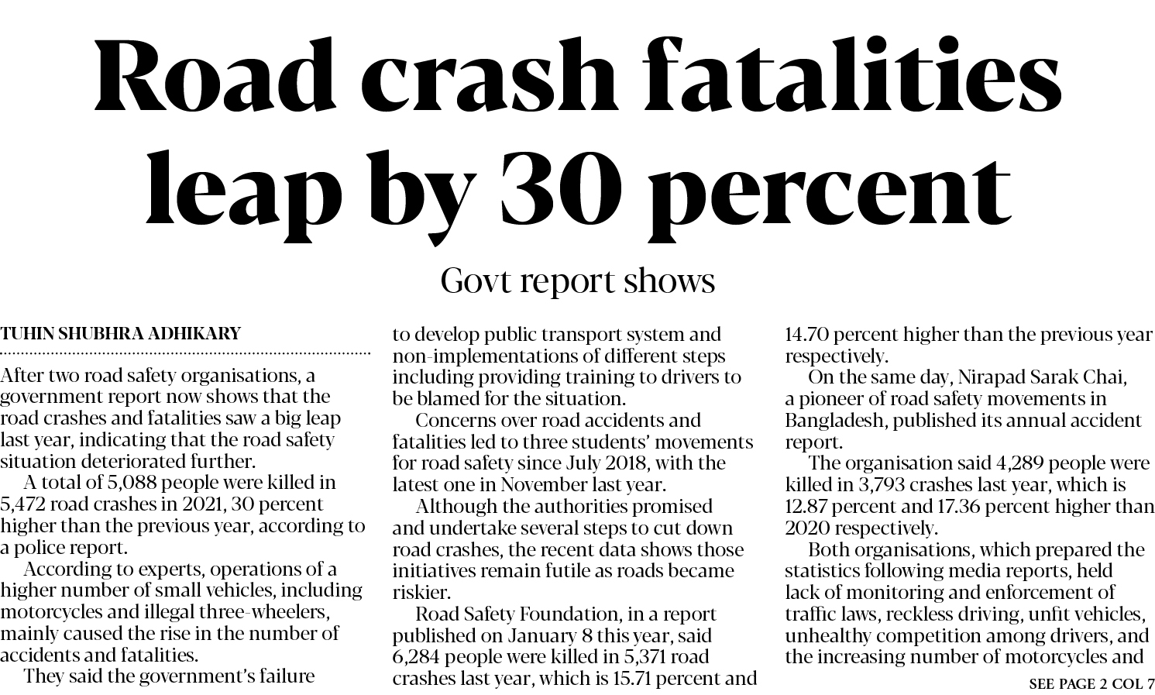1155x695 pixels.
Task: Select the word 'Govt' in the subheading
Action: point(476,280)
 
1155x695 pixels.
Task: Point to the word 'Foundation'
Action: point(565,614)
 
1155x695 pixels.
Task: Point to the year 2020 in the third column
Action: point(809,528)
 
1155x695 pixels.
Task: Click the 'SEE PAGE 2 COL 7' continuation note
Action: point(1091,684)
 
